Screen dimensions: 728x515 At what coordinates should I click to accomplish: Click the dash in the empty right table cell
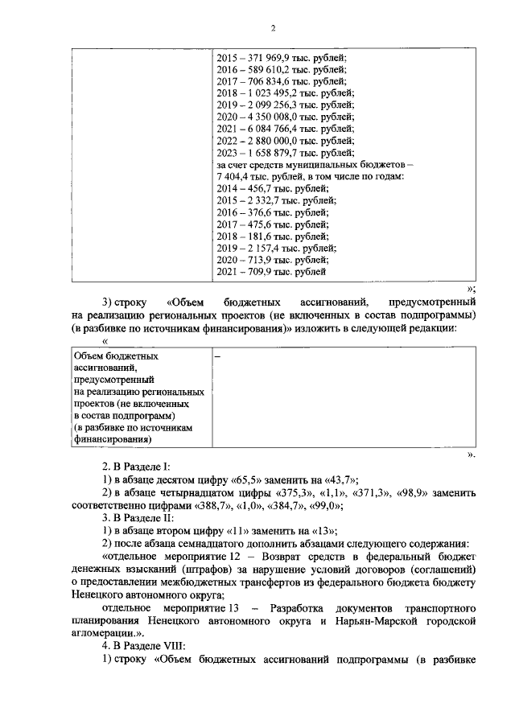pos(217,355)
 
